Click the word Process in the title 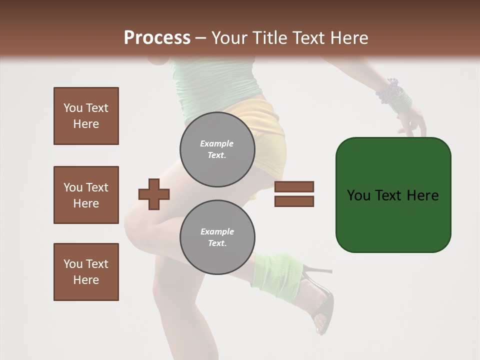pyautogui.click(x=157, y=37)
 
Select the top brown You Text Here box pyautogui.click(x=86, y=116)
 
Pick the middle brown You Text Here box pyautogui.click(x=86, y=195)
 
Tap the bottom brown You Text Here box pyautogui.click(x=86, y=272)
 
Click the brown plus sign pyautogui.click(x=154, y=194)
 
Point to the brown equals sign pyautogui.click(x=294, y=194)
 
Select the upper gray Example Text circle pyautogui.click(x=217, y=149)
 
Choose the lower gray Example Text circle pyautogui.click(x=217, y=237)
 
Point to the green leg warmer pyautogui.click(x=277, y=272)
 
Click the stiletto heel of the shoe pyautogui.click(x=320, y=271)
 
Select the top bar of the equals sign pyautogui.click(x=294, y=187)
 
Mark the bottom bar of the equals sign pyautogui.click(x=294, y=201)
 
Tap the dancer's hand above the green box pyautogui.click(x=412, y=122)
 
